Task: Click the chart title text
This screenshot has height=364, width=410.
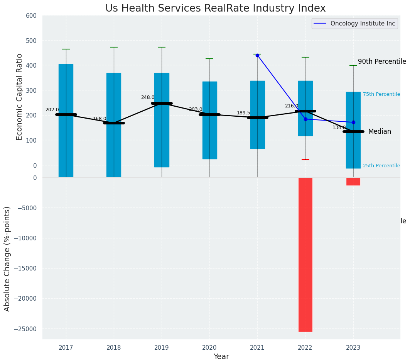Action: pos(215,9)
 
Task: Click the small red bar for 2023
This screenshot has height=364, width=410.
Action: pos(353,181)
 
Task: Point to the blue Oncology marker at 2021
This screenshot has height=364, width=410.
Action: pos(257,55)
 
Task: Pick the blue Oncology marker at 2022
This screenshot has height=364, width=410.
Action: pos(305,119)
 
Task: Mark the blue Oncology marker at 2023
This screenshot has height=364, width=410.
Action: pos(353,122)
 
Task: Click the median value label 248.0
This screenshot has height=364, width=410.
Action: pos(148,98)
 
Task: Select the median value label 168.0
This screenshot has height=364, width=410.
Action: pos(100,119)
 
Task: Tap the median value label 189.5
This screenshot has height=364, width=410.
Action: pos(243,113)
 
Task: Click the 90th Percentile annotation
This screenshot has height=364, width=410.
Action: pos(382,61)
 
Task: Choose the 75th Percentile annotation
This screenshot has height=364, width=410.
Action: pos(381,94)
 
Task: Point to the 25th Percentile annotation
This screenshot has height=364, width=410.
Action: pos(381,166)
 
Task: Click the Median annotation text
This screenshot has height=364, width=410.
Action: pos(380,132)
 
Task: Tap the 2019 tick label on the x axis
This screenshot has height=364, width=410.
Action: pos(162,347)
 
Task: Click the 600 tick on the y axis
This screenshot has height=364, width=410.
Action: pos(31,16)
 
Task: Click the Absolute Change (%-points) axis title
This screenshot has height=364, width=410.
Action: pos(7,259)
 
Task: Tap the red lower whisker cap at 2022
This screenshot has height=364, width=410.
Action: pos(305,160)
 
